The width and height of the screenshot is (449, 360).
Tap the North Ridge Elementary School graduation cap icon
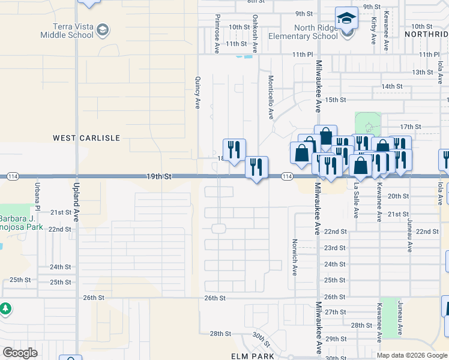pos(346,19)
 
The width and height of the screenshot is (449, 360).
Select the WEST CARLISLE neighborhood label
pos(86,138)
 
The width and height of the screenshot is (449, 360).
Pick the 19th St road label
pos(159,177)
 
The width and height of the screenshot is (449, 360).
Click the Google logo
pos(20,352)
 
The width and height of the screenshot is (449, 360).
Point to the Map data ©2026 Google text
pos(411,355)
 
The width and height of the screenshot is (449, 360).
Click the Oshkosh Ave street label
pos(255,34)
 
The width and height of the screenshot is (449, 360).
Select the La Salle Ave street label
pos(355,201)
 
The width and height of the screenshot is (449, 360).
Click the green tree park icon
pos(5,308)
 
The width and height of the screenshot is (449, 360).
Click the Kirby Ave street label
pos(374,31)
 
